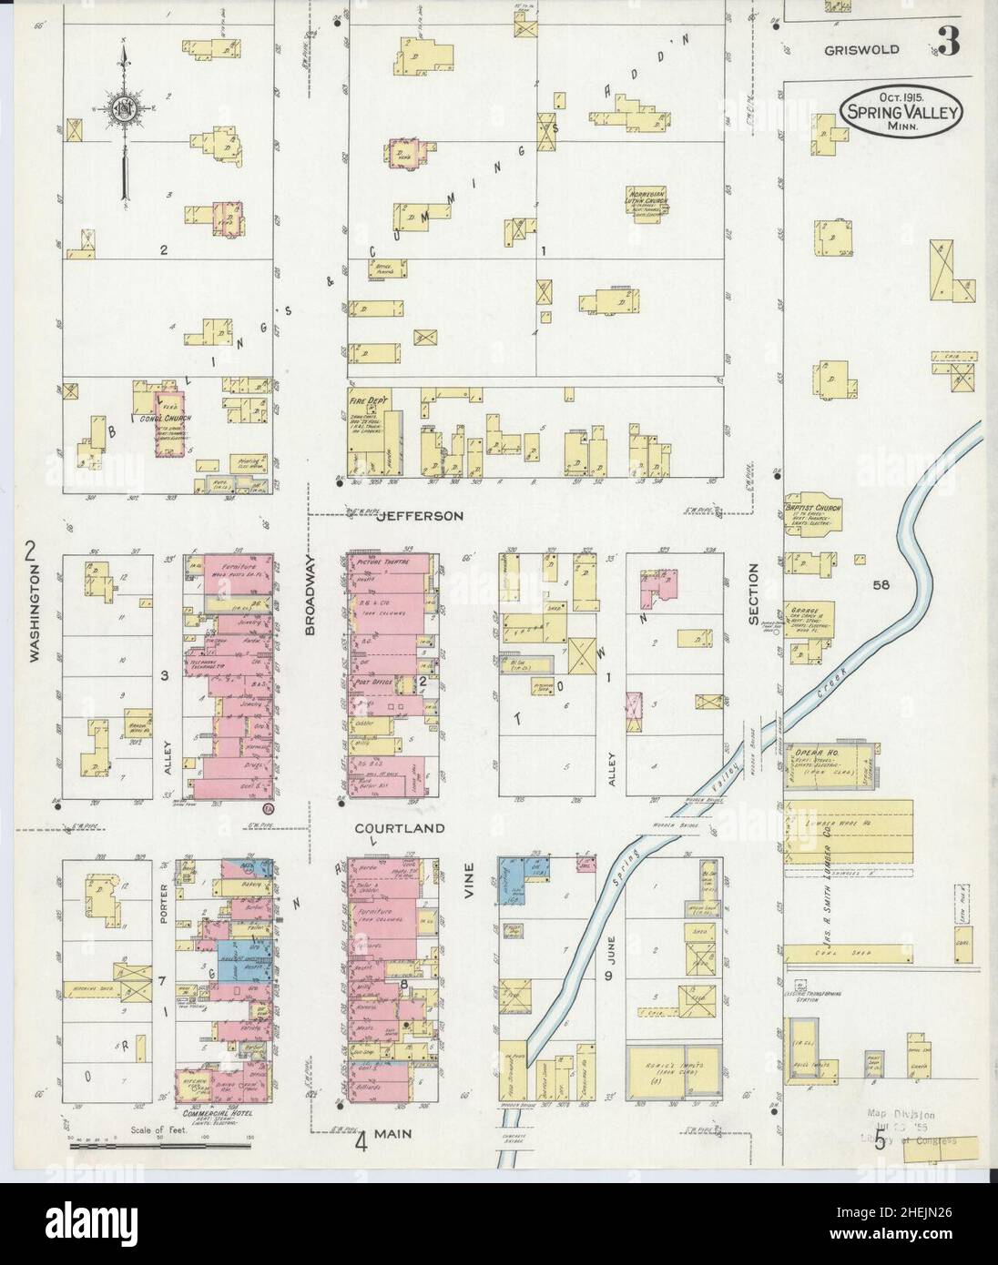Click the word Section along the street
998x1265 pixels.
[x=753, y=594]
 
